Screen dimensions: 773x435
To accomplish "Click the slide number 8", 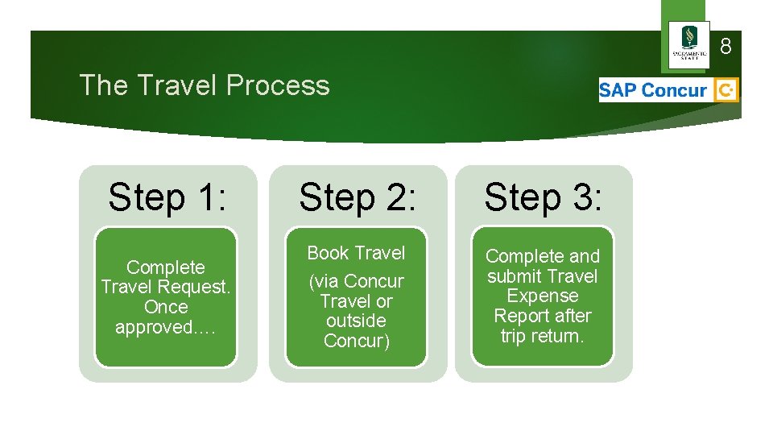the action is point(725,47).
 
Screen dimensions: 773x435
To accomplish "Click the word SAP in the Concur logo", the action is point(618,90).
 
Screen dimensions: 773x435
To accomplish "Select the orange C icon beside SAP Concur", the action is point(726,90).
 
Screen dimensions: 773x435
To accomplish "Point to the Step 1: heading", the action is point(167,197).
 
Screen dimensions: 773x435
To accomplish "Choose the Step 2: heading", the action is point(358,197).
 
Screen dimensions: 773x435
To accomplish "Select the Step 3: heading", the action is point(543,197).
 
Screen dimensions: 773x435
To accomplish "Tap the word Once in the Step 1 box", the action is point(166,307).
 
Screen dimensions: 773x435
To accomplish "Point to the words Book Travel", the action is point(356,253).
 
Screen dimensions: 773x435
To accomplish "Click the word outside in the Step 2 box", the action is point(356,321).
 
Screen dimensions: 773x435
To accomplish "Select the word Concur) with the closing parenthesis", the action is point(356,341).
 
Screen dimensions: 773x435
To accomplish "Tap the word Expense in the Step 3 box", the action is point(543,296).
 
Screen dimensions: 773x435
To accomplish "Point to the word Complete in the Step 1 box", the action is point(166,267).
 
